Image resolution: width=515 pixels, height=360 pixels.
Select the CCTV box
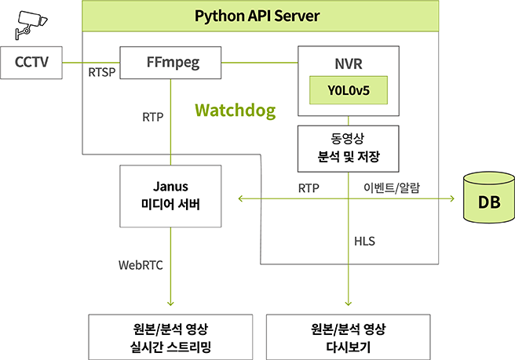pyautogui.click(x=31, y=63)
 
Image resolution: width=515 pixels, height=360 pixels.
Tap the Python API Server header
pyautogui.click(x=260, y=16)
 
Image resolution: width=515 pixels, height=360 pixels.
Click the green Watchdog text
pyautogui.click(x=236, y=110)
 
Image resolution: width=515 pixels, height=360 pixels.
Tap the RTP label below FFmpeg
pyautogui.click(x=152, y=118)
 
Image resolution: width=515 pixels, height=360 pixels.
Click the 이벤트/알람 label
pyautogui.click(x=392, y=188)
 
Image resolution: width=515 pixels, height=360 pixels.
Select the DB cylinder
pyautogui.click(x=488, y=200)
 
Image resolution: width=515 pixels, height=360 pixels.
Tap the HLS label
pyautogui.click(x=364, y=242)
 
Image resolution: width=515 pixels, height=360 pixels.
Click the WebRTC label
pyautogui.click(x=141, y=265)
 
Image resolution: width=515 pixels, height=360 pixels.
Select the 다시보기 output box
pyautogui.click(x=349, y=336)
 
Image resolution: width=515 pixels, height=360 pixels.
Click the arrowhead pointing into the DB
pyautogui.click(x=451, y=198)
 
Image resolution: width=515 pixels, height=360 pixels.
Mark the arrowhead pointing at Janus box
pyautogui.click(x=243, y=198)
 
